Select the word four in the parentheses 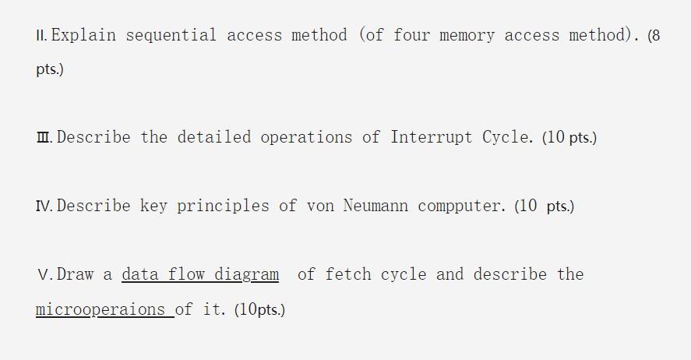(421, 36)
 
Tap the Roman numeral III (44, 138)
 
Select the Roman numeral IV (44, 206)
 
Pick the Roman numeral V (43, 275)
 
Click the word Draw (75, 274)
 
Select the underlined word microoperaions (102, 309)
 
